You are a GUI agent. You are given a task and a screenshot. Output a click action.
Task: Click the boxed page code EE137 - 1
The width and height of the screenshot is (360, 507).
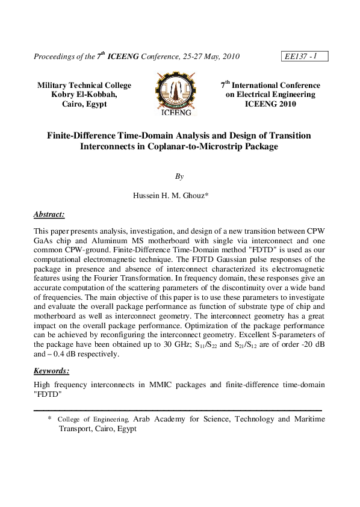point(303,57)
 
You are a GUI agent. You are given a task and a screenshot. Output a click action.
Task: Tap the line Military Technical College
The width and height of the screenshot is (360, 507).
point(84,86)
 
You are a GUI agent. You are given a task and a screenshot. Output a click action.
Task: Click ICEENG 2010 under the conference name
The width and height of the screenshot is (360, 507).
point(270,104)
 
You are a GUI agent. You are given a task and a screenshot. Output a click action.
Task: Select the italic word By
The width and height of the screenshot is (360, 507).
point(179,176)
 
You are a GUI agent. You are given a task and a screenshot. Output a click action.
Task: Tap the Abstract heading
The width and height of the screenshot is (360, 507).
point(49,214)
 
